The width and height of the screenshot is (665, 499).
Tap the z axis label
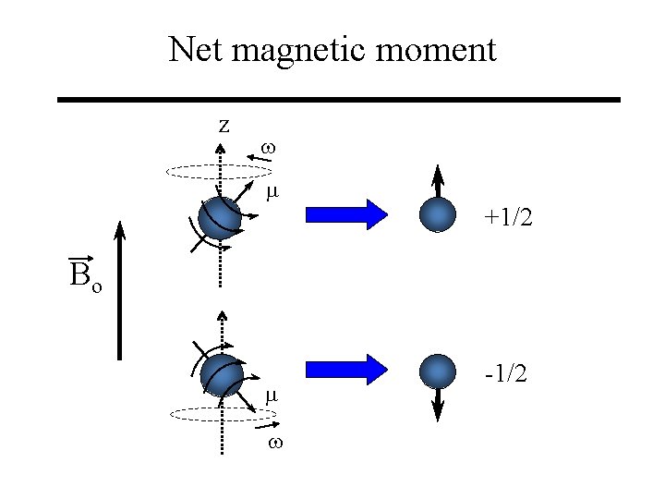(x=224, y=125)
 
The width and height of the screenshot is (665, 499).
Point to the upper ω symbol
(x=269, y=147)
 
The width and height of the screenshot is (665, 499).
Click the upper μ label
(x=272, y=193)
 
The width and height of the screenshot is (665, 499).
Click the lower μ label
(x=272, y=396)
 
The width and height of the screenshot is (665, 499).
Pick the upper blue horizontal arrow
(x=348, y=213)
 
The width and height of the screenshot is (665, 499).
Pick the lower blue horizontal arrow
(x=348, y=369)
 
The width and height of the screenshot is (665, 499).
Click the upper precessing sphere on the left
(x=221, y=218)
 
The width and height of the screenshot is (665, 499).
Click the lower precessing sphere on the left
(x=222, y=375)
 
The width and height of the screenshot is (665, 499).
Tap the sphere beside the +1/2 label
(x=438, y=214)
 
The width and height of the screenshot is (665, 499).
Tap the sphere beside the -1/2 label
(x=438, y=371)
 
